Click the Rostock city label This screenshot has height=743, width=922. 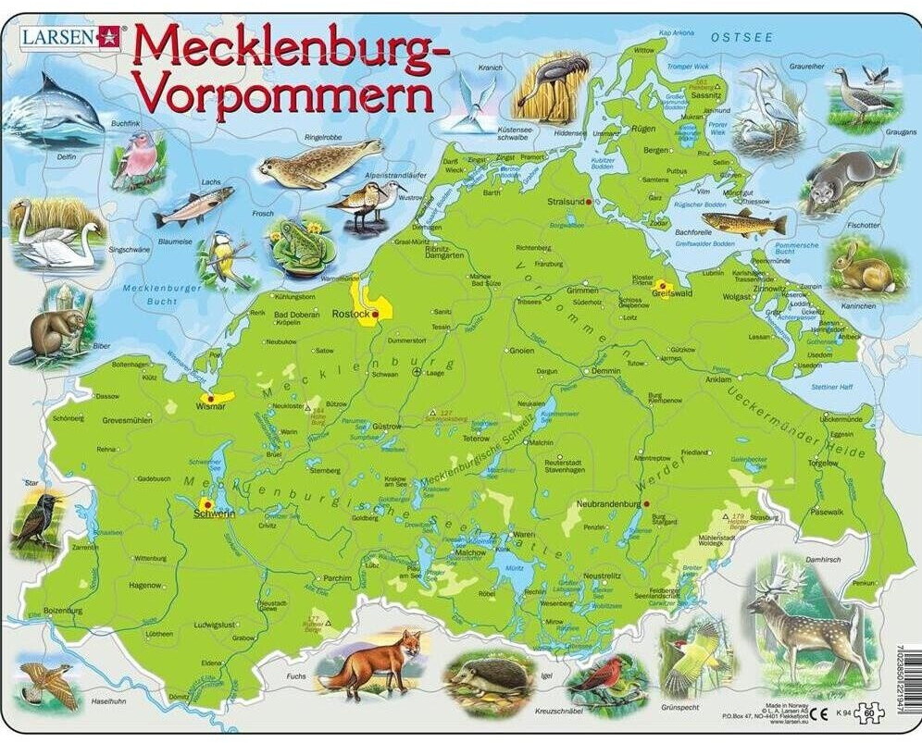point(350,315)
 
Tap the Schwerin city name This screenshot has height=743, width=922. point(212,514)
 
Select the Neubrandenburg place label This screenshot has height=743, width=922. point(608,504)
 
